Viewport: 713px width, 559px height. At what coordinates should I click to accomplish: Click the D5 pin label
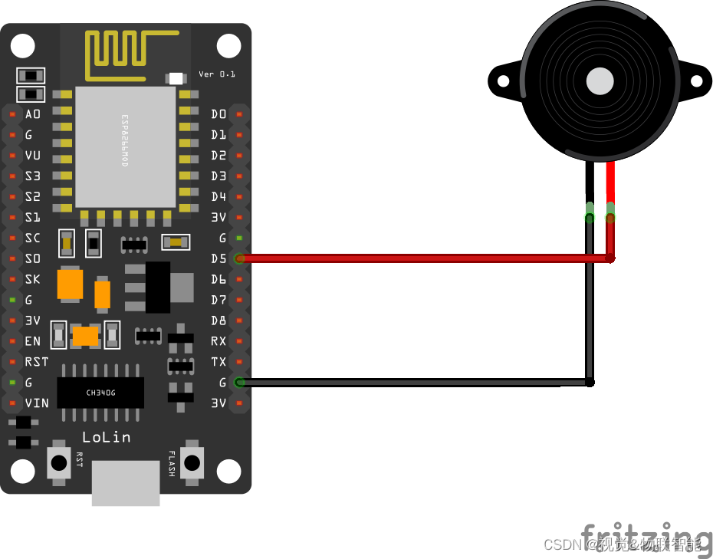pyautogui.click(x=219, y=258)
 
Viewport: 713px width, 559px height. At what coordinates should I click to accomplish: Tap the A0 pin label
pyautogui.click(x=33, y=114)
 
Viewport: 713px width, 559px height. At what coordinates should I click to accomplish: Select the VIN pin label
pyautogui.click(x=36, y=403)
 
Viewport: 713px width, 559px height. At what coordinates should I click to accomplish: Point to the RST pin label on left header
pyautogui.click(x=36, y=361)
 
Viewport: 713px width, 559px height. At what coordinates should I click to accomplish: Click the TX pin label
pyautogui.click(x=219, y=361)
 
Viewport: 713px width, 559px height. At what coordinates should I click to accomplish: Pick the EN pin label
pyautogui.click(x=33, y=340)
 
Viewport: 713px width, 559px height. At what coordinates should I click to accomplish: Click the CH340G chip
pyautogui.click(x=100, y=393)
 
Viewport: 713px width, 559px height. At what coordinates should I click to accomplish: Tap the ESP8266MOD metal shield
pyautogui.click(x=125, y=146)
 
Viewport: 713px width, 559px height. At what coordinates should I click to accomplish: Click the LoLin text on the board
pyautogui.click(x=106, y=437)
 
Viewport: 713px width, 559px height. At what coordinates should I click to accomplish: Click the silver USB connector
pyautogui.click(x=126, y=483)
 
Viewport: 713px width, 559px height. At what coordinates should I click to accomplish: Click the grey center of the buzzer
pyautogui.click(x=600, y=81)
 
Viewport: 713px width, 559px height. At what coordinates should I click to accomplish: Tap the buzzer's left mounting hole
pyautogui.click(x=502, y=81)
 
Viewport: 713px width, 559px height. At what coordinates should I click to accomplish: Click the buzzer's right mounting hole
pyautogui.click(x=697, y=81)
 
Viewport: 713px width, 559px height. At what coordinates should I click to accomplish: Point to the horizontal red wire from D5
pyautogui.click(x=422, y=259)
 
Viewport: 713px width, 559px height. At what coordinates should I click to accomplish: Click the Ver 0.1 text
pyautogui.click(x=217, y=74)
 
